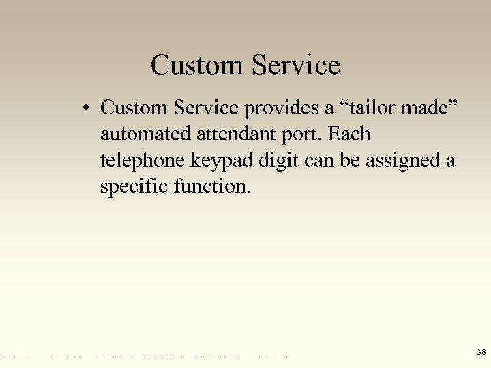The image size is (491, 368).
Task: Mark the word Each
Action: [x=350, y=134]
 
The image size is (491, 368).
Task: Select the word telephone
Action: [x=140, y=162]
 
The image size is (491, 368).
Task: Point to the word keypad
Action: [x=217, y=162]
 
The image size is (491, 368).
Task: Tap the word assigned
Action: [x=400, y=162]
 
